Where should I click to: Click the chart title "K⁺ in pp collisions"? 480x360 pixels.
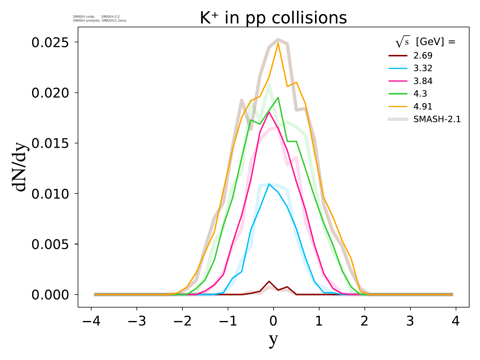[273, 18]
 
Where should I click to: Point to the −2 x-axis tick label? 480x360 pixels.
[182, 322]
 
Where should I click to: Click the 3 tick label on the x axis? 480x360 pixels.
[410, 322]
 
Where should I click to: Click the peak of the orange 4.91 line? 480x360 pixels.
[278, 43]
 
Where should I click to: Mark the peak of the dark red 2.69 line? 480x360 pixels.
[269, 281]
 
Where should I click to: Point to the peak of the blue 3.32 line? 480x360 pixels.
[269, 184]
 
